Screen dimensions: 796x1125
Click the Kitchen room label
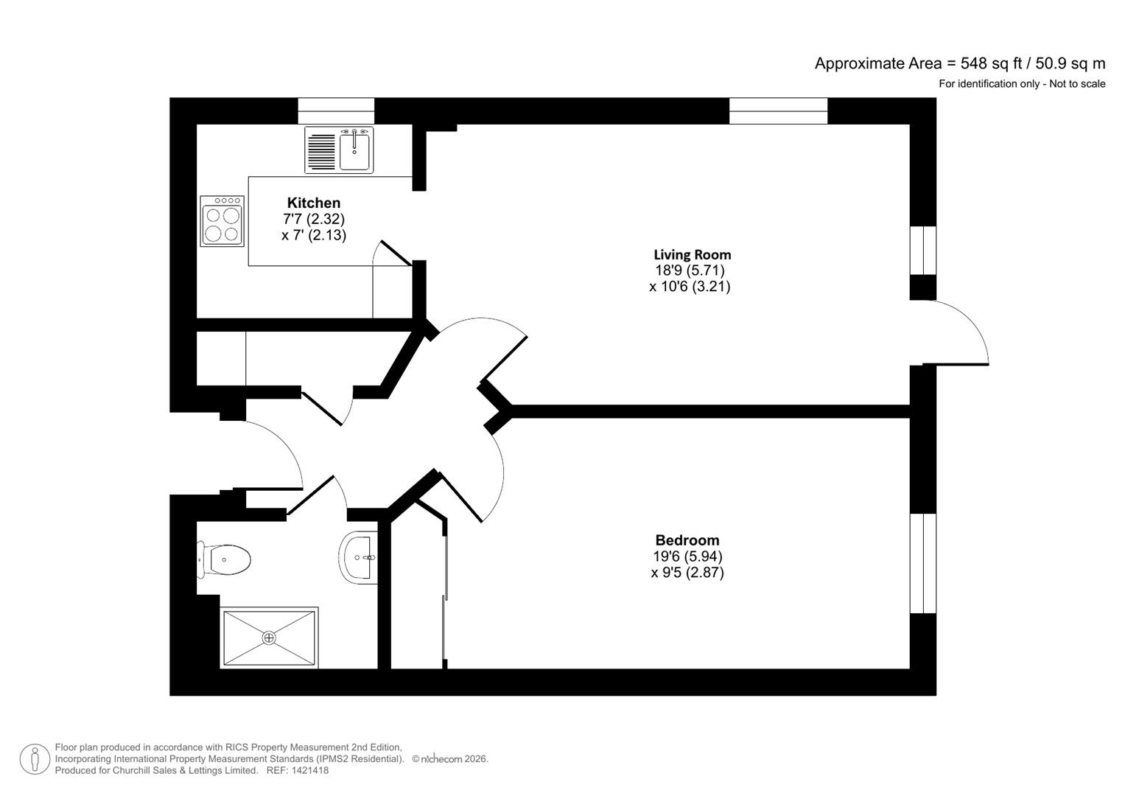click(313, 203)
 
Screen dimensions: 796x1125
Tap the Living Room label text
click(692, 255)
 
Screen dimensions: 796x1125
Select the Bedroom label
click(687, 540)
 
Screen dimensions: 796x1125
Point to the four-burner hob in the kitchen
click(222, 221)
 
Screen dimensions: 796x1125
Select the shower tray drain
click(269, 638)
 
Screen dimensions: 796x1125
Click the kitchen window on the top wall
click(336, 111)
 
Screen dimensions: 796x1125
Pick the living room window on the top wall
click(778, 111)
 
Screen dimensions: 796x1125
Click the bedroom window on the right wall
click(922, 563)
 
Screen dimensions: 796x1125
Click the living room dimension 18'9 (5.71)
click(690, 270)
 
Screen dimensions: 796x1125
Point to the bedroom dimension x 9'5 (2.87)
click(687, 573)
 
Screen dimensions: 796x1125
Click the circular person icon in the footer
click(35, 759)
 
